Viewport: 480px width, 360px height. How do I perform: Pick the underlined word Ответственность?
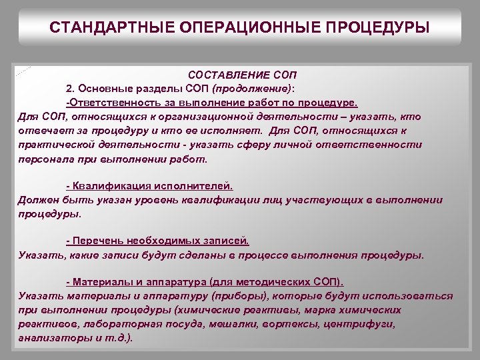click(x=109, y=103)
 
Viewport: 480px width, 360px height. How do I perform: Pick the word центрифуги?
click(x=361, y=323)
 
